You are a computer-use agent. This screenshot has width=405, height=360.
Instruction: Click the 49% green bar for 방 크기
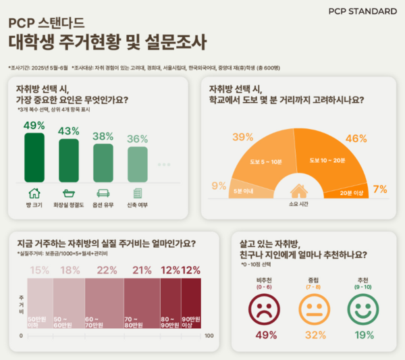34,157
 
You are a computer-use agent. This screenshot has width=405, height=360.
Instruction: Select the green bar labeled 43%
68,160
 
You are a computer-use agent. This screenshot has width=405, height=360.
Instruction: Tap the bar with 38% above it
103,163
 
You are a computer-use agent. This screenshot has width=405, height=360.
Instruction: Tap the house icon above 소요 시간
298,191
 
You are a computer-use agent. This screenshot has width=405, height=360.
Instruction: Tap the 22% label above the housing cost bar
107,270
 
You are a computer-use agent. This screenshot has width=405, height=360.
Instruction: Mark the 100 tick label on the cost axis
209,336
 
